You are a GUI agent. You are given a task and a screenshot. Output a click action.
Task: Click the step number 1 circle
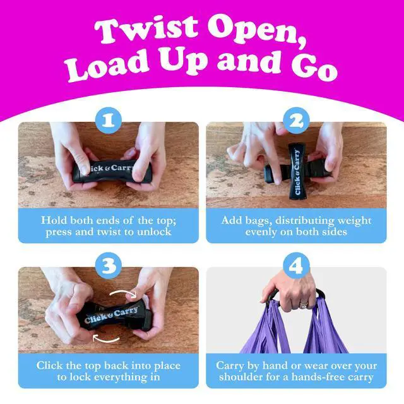109,121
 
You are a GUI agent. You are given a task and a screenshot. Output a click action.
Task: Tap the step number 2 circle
296,121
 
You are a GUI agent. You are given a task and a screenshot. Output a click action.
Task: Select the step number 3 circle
109,265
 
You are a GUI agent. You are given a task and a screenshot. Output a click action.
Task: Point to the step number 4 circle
296,265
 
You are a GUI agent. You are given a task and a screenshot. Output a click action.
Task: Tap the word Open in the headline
258,32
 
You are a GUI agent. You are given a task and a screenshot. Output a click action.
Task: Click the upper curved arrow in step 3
123,292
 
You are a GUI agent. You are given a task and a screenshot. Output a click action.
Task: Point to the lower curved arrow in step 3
105,340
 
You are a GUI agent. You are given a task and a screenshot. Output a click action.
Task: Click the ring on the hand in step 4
303,306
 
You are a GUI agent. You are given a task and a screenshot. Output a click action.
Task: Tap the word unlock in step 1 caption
154,232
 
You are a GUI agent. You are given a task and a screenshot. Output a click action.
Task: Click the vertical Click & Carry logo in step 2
297,172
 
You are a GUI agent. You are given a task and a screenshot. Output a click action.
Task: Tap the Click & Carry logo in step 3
111,314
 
